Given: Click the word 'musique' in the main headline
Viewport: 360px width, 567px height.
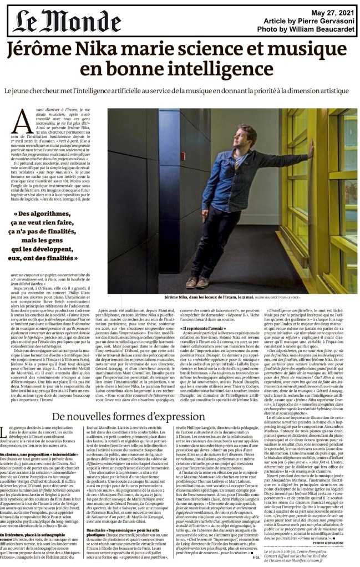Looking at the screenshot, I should [292, 51].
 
